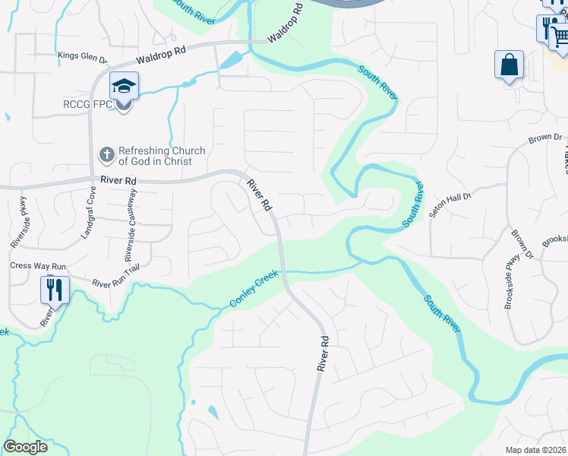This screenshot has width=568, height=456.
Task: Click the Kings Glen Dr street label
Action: [x=83, y=56]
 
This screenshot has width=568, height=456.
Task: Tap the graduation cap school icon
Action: [x=124, y=85]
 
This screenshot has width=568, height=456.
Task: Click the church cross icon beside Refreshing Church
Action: [x=106, y=156]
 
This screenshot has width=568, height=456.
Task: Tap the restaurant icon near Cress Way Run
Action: [x=55, y=290]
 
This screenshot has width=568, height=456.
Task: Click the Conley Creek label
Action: [x=255, y=291]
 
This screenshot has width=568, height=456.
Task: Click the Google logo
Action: [x=25, y=447]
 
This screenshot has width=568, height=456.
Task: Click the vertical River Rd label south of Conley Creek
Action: [x=323, y=353]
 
